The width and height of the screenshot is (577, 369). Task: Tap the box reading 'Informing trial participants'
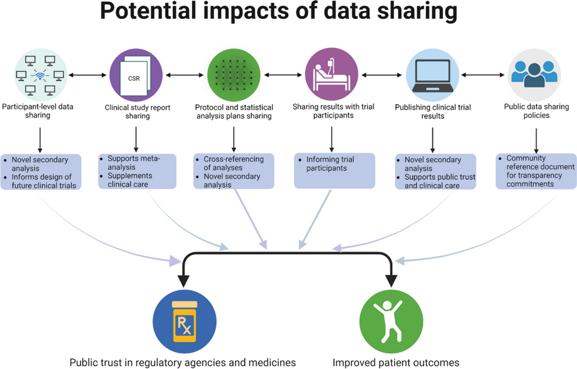pyautogui.click(x=334, y=170)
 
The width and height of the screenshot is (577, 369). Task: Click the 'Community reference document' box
pyautogui.click(x=536, y=170)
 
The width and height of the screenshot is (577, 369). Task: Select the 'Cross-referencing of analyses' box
pyautogui.click(x=234, y=171)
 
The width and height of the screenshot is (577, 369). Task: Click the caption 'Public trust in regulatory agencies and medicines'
pyautogui.click(x=182, y=362)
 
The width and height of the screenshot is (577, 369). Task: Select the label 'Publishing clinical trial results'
pyautogui.click(x=432, y=112)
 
